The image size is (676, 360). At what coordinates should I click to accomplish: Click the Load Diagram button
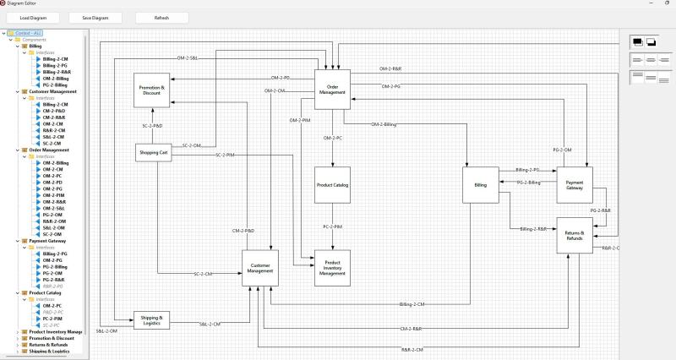point(35,18)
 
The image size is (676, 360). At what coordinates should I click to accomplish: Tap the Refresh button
point(161,18)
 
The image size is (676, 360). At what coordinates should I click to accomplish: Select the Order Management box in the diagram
point(332,90)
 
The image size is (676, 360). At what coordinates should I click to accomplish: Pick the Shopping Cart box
point(153,152)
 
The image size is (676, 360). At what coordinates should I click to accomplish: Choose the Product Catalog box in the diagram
point(332,184)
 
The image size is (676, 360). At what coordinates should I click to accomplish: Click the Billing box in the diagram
point(481,185)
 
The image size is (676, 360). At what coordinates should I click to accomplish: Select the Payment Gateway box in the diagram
point(575,184)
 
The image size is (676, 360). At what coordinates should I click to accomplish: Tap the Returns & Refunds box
point(575,235)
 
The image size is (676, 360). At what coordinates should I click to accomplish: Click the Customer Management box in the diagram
point(259,267)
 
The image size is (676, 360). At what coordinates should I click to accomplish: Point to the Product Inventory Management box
point(332,267)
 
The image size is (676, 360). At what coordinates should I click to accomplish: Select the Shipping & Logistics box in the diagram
point(152,320)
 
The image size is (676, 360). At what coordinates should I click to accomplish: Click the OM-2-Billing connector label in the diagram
point(383,125)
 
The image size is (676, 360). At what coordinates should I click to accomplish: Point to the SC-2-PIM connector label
point(225,155)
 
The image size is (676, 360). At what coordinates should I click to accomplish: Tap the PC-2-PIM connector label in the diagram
point(332,226)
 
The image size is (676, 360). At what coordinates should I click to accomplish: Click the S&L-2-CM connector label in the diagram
point(210,324)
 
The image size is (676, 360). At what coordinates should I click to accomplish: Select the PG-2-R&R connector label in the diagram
point(601,210)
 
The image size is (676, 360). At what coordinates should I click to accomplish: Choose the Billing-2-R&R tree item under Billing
point(56,72)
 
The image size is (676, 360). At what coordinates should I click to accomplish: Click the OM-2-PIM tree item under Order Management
point(53,195)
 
